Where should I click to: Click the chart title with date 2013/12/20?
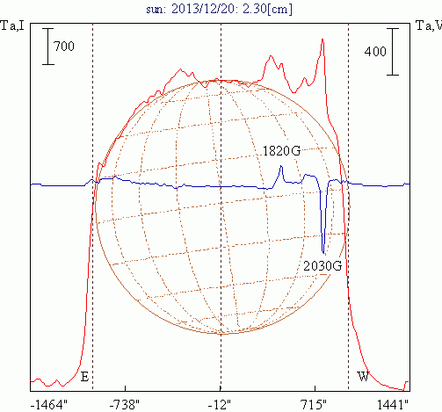[219, 9]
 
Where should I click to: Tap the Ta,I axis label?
[12, 26]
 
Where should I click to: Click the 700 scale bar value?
[64, 47]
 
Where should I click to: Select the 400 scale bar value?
[375, 52]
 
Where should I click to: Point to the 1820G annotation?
[281, 151]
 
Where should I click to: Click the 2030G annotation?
[322, 266]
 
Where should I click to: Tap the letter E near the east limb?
[84, 377]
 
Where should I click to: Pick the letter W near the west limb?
[363, 376]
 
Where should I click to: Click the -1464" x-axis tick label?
[49, 405]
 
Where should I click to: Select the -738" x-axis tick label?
[125, 405]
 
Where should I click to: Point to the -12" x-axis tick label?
[220, 405]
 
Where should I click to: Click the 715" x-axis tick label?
[314, 405]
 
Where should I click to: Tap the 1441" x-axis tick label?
[393, 405]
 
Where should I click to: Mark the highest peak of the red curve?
[322, 40]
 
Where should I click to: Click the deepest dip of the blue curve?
[323, 253]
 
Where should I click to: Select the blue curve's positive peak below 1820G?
[281, 166]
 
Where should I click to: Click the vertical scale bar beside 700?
[48, 47]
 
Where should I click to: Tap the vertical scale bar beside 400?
[393, 52]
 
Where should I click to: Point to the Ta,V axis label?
[429, 26]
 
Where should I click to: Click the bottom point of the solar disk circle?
[222, 334]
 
